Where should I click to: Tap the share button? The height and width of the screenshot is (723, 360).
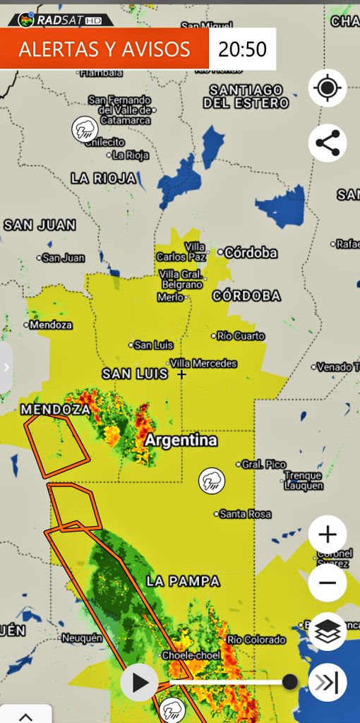tap(328, 143)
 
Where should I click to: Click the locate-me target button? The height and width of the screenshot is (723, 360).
tap(328, 88)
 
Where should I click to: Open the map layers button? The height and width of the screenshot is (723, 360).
tap(328, 631)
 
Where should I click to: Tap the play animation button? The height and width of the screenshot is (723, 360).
tap(140, 683)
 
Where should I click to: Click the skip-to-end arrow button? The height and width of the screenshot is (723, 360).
tap(328, 683)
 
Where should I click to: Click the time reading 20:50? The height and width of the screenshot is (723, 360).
tap(242, 49)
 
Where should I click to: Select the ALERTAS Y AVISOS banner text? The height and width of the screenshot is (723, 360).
tap(104, 49)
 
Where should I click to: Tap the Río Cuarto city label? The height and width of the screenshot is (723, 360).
tap(241, 335)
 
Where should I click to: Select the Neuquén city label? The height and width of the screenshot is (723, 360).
tap(82, 638)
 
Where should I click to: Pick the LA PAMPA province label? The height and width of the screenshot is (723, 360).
tap(183, 581)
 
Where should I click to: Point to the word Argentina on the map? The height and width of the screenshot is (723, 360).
tap(181, 441)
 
